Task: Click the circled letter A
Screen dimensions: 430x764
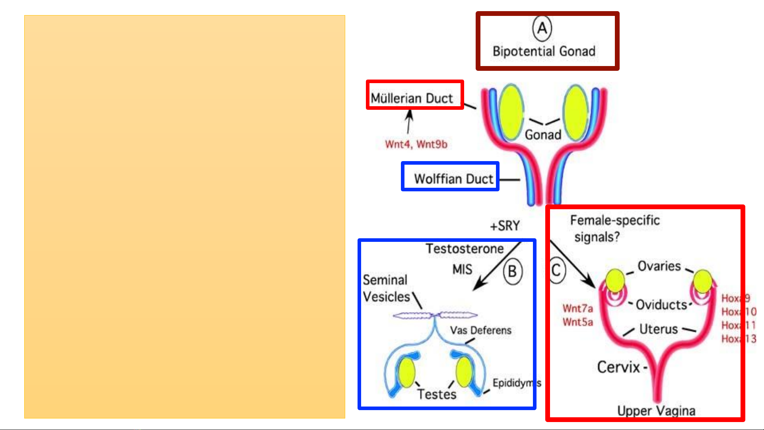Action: click(542, 28)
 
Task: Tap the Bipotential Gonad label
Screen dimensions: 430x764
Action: click(544, 51)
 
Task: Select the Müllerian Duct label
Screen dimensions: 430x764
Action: click(412, 98)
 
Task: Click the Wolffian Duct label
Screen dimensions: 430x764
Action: click(453, 179)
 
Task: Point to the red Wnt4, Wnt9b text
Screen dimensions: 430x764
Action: click(416, 144)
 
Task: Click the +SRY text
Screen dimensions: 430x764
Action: click(505, 226)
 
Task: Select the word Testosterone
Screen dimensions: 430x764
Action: click(465, 249)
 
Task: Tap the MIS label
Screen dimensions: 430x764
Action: click(462, 270)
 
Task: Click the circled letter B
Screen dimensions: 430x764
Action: click(513, 272)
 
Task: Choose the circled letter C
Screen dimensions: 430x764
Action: click(556, 270)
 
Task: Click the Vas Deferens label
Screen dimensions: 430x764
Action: click(480, 330)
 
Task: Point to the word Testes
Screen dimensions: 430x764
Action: click(437, 394)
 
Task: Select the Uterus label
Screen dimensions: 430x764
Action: click(659, 329)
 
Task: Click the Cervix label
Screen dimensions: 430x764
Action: click(619, 367)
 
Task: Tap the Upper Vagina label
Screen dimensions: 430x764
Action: click(656, 411)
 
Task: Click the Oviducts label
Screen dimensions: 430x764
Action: click(661, 305)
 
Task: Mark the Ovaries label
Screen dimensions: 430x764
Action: click(659, 266)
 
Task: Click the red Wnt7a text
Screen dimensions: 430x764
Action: click(577, 308)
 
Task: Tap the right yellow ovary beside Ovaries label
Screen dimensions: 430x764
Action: click(702, 281)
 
